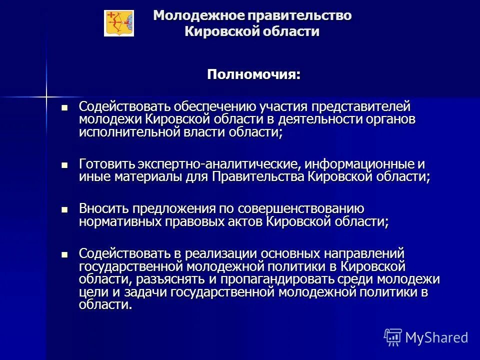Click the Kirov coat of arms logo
(119, 23)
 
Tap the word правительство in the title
(299, 16)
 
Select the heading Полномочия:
(254, 75)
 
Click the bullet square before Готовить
(63, 164)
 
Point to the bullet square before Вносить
(63, 209)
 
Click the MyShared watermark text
(436, 337)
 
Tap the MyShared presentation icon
(393, 337)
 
